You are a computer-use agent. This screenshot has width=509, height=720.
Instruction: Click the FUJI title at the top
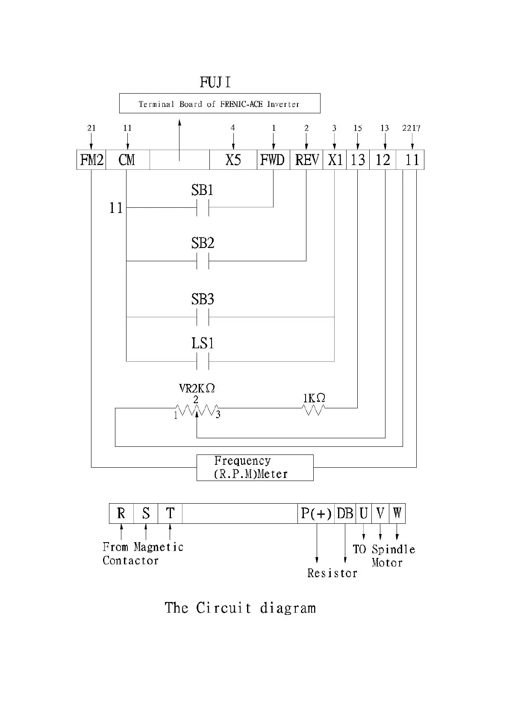(215, 82)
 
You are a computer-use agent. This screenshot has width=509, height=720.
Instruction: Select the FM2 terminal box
(91, 160)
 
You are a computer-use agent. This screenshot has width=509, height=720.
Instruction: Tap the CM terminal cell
(127, 160)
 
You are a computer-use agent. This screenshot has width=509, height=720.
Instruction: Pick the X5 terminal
(233, 160)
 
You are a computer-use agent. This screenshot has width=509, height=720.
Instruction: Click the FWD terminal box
(273, 160)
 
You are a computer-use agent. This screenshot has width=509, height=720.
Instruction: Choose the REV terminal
(306, 160)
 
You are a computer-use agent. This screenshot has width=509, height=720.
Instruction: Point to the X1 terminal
(335, 160)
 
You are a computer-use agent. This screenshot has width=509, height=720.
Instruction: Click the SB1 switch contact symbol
(203, 208)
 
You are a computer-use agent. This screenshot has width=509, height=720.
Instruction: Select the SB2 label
(203, 243)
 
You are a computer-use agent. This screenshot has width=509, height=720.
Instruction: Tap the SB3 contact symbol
(203, 317)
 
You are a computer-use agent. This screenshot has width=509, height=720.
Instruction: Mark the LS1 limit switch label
(203, 343)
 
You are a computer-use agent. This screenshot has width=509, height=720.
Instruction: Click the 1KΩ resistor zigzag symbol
(313, 410)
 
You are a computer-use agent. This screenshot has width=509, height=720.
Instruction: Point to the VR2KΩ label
(197, 388)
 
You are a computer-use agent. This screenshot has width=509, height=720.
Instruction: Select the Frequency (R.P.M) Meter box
(255, 467)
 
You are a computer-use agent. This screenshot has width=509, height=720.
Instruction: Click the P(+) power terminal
(316, 513)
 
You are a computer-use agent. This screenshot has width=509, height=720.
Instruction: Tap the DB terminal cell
(345, 513)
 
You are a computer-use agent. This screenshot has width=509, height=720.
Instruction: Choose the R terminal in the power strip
(121, 513)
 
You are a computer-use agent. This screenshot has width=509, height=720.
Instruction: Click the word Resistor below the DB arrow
(332, 573)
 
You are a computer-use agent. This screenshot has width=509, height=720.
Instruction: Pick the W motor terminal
(397, 513)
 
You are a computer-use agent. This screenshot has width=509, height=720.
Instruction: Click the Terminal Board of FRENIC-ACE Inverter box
(219, 104)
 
